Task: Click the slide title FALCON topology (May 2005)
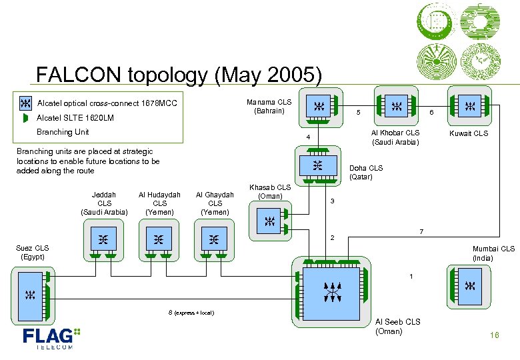click(x=179, y=74)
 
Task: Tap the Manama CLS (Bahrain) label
click(x=269, y=106)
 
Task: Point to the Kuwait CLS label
click(x=469, y=133)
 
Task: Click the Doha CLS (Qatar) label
click(x=366, y=173)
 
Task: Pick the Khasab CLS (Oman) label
click(x=269, y=192)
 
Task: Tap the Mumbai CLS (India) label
click(x=493, y=253)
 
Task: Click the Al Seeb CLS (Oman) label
click(x=398, y=327)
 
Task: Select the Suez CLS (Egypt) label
click(x=33, y=252)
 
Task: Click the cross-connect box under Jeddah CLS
click(x=103, y=238)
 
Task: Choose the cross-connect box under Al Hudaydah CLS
click(x=158, y=238)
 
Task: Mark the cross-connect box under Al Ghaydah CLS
click(x=213, y=238)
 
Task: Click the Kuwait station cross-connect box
click(x=469, y=105)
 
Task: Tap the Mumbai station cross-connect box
click(x=469, y=285)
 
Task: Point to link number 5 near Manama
click(x=358, y=113)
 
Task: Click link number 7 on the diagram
click(x=420, y=231)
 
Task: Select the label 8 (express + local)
click(x=191, y=312)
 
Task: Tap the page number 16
click(x=494, y=335)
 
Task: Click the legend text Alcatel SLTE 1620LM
click(x=75, y=118)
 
